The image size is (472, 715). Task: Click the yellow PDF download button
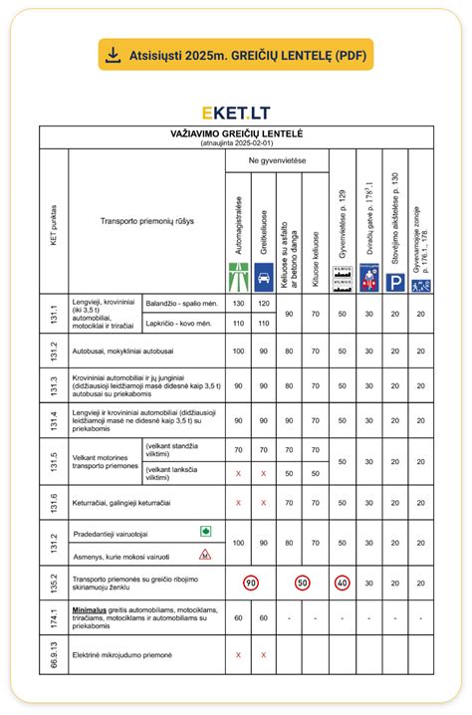tap(235, 54)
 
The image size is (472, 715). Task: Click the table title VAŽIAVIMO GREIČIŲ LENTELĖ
tap(235, 132)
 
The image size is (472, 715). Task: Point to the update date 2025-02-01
tap(235, 142)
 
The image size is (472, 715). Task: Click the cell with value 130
tap(238, 302)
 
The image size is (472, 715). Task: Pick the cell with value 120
tap(264, 302)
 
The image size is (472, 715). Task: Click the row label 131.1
tap(53, 313)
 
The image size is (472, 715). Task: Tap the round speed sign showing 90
tap(251, 582)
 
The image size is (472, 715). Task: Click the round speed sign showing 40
tap(343, 582)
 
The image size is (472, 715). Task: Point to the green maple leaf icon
tap(205, 532)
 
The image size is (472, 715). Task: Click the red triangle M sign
tap(205, 554)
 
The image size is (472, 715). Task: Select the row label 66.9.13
tap(53, 654)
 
